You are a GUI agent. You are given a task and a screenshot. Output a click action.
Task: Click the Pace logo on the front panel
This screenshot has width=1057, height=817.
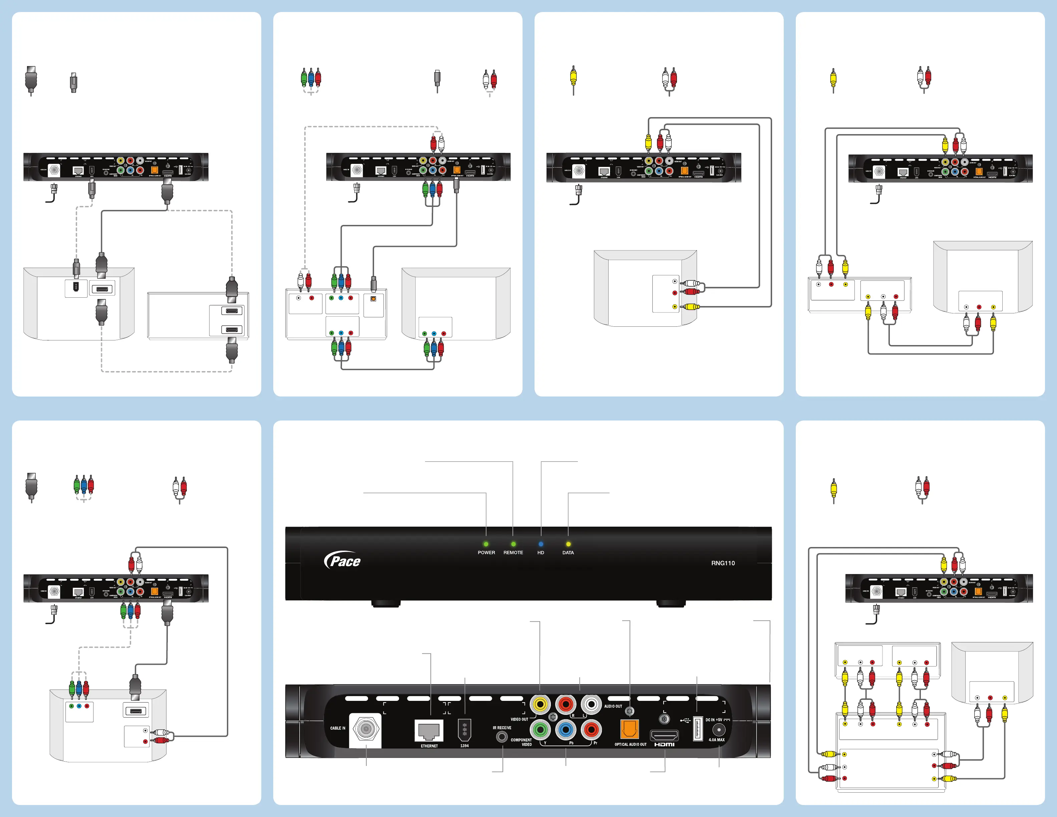pos(343,560)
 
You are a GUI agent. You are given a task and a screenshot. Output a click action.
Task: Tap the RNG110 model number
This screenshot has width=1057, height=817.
pos(723,563)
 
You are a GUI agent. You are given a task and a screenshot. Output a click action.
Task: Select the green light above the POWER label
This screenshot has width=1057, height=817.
pos(486,544)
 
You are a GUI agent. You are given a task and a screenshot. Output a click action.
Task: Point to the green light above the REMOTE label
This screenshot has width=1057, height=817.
pos(513,544)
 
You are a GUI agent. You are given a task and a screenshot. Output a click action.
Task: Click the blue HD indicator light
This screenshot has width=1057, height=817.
pos(541,544)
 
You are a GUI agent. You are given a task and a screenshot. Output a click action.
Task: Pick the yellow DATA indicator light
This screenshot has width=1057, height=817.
pos(568,544)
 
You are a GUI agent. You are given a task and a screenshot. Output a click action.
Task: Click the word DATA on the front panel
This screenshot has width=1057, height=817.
pos(568,553)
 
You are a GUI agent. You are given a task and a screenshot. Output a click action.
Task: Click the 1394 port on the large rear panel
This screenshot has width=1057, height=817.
pos(464,730)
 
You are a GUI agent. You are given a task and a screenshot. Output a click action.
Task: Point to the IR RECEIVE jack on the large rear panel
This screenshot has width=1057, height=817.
pos(502,737)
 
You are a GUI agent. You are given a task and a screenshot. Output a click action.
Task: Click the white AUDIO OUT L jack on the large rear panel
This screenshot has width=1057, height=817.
pos(591,704)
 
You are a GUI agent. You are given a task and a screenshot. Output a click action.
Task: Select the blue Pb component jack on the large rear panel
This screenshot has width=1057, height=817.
pos(565,730)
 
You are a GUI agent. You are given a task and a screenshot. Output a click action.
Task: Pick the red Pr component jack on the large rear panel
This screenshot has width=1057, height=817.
pos(591,730)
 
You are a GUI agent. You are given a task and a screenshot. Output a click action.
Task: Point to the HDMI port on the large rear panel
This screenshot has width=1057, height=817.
pos(664,736)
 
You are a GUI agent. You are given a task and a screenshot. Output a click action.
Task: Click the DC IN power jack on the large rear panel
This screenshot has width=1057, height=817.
pos(719,730)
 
